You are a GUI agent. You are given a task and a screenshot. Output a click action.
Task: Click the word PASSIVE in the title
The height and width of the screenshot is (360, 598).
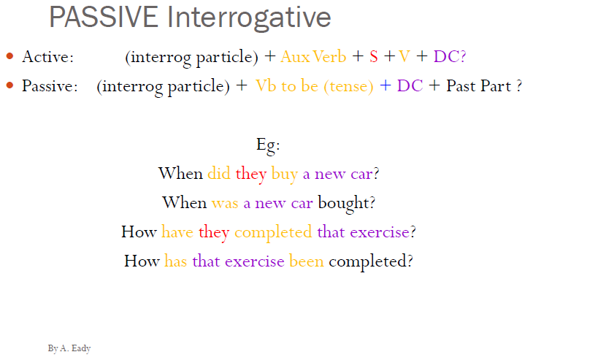(x=104, y=18)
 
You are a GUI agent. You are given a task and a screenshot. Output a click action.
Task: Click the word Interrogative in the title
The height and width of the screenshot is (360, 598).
(x=249, y=18)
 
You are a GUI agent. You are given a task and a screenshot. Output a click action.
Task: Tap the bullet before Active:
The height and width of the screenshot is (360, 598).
(x=9, y=56)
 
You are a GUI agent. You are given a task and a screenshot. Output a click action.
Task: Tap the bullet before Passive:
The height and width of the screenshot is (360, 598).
(x=9, y=85)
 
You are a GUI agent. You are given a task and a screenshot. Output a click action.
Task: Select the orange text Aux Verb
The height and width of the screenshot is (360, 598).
(x=313, y=56)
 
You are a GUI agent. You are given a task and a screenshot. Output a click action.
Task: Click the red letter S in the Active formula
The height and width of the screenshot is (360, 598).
(x=374, y=56)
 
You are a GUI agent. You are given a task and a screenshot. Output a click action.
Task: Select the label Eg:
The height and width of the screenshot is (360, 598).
(x=269, y=145)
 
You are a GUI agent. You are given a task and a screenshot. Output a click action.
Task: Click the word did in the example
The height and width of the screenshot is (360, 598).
(x=219, y=174)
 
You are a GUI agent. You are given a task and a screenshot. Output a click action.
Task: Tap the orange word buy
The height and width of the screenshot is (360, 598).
(x=285, y=175)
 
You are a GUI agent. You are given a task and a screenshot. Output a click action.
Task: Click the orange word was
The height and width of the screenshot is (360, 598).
(x=226, y=202)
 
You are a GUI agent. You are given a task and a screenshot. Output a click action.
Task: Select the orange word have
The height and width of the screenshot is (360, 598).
(x=177, y=232)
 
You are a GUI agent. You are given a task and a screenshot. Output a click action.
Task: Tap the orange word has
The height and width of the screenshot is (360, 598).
(x=176, y=261)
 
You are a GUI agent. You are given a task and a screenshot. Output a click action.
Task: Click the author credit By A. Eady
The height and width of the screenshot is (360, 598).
(x=69, y=348)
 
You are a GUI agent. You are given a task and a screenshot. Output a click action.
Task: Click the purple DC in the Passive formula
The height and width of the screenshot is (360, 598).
(x=410, y=85)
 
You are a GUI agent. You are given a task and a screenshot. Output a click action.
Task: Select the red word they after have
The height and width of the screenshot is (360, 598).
(x=214, y=232)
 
